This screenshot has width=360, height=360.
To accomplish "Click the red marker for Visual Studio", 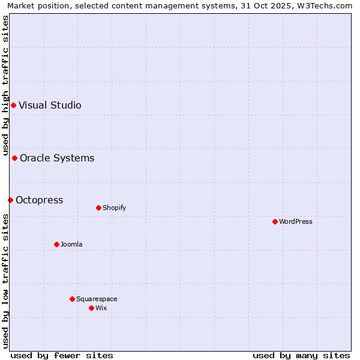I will (x=13, y=106).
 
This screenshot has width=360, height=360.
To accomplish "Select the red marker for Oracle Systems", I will (x=15, y=158).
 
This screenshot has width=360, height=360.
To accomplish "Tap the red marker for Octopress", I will (x=10, y=200).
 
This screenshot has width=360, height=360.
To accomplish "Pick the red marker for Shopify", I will (x=98, y=208).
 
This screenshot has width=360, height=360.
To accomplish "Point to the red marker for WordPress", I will (x=275, y=222).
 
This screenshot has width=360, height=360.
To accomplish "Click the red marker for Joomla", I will (x=57, y=244).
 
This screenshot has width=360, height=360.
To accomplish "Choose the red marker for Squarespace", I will (x=72, y=299).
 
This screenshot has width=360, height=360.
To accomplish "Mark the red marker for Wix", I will (x=91, y=308).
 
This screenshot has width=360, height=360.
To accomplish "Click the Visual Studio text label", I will (x=50, y=106).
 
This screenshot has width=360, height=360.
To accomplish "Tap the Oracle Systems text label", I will (x=57, y=158).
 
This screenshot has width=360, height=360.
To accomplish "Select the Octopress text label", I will (x=40, y=200).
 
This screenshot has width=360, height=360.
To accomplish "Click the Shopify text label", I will (x=114, y=208).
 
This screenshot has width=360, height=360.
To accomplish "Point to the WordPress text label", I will (x=296, y=222).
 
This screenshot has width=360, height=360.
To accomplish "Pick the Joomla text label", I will (x=71, y=245).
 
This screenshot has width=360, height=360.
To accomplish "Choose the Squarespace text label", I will (x=97, y=299).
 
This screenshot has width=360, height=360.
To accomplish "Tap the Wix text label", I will (x=101, y=308).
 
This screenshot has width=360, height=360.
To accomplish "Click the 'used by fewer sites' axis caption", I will (x=62, y=355).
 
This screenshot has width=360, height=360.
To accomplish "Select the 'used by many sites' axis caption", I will (x=301, y=355).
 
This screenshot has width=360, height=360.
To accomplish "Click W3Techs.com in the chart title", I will (x=326, y=6).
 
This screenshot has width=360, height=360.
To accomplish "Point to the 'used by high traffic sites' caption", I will (x=6, y=85).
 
